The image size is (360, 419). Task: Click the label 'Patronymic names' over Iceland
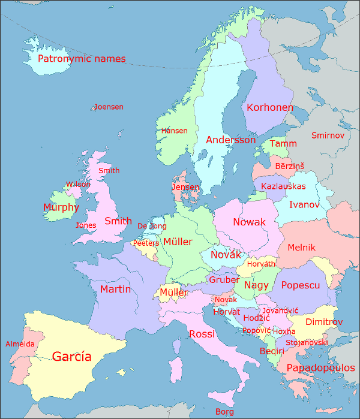[82, 59]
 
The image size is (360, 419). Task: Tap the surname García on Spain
[72, 357]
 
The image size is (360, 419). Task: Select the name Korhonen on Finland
[270, 108]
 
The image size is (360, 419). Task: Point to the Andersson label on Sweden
[231, 140]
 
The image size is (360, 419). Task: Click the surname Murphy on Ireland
[61, 208]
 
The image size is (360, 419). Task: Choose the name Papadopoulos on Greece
[320, 367]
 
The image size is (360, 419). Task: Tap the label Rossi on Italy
[202, 334]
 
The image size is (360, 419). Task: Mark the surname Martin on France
[115, 290]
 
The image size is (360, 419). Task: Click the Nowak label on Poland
[249, 222]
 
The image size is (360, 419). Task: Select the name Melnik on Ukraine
[302, 247]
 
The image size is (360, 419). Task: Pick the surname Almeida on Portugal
[20, 344]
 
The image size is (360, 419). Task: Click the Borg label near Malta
[225, 412]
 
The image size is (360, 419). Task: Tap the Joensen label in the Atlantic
[109, 107]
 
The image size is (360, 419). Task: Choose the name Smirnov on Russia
[328, 135]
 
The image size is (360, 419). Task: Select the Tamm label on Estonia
[283, 144]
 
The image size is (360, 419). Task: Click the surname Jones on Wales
[86, 225]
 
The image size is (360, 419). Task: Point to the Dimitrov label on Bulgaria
[324, 322]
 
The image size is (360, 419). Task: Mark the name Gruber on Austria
[224, 280]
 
